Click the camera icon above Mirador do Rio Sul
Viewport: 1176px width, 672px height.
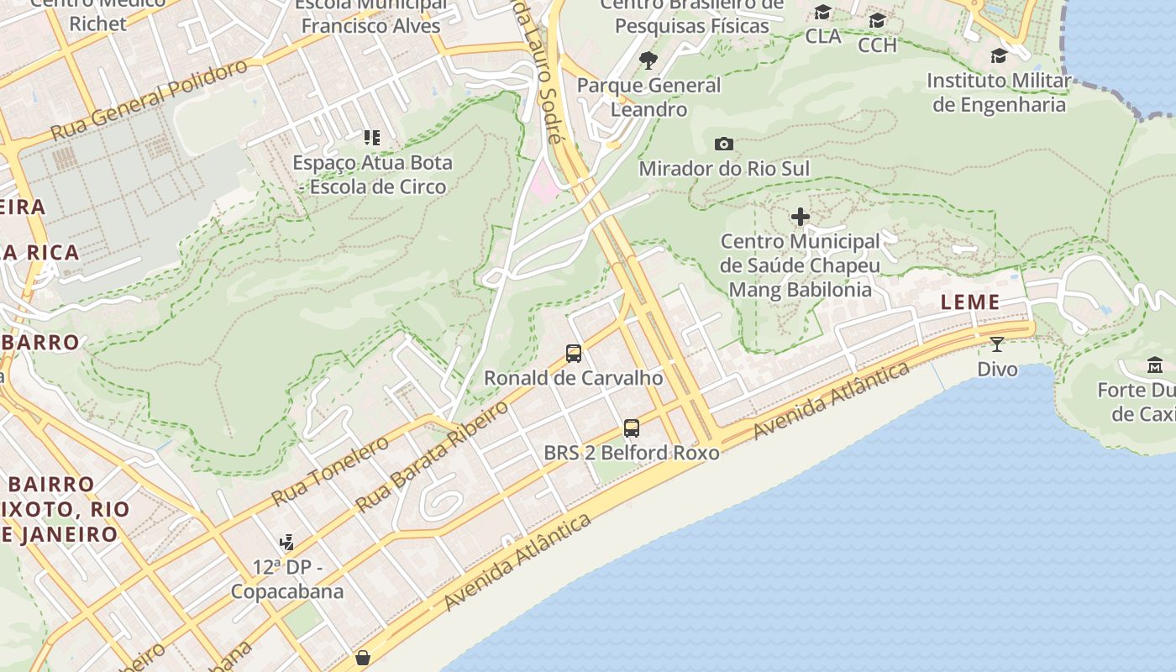(x=723, y=144)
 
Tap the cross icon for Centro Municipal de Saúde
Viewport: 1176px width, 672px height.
(x=801, y=218)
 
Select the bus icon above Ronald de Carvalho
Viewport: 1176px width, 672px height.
(x=574, y=354)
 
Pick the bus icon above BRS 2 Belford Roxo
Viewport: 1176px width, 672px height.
(x=632, y=428)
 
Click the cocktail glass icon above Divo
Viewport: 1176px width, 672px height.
(x=997, y=344)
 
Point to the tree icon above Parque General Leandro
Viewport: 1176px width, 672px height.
(x=648, y=60)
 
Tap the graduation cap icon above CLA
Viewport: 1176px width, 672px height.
(x=823, y=13)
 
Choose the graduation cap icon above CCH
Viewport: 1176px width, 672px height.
(x=878, y=21)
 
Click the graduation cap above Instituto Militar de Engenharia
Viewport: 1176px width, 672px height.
(x=999, y=56)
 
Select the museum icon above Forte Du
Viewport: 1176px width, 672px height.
(x=1155, y=365)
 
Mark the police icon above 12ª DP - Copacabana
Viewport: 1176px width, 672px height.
(x=287, y=543)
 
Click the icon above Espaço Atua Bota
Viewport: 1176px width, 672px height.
(x=371, y=138)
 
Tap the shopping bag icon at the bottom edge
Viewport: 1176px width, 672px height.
(x=363, y=657)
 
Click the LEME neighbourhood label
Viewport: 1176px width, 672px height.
(x=970, y=302)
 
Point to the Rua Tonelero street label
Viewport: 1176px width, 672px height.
(x=330, y=470)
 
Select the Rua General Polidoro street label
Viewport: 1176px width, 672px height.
(x=150, y=101)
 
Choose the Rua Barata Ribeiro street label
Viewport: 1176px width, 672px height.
(x=433, y=456)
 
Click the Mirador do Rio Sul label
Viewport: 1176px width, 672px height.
(x=724, y=169)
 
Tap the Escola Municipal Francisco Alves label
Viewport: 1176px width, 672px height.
(x=370, y=15)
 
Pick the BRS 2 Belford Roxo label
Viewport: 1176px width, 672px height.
(x=632, y=453)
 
